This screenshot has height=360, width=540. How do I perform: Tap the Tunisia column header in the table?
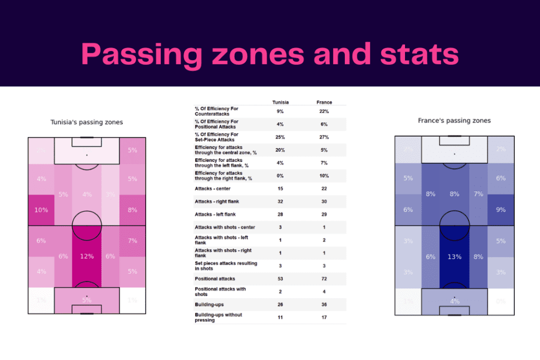point(280,102)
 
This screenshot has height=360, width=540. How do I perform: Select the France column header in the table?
point(324,102)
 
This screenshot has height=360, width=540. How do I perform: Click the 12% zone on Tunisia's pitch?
point(87,256)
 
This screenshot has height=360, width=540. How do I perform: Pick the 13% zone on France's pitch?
point(454,257)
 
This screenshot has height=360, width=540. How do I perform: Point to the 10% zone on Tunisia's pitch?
point(41,210)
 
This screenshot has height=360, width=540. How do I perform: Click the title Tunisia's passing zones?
point(86,122)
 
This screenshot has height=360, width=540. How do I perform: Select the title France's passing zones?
point(454,121)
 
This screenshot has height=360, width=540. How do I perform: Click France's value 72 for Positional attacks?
point(324,278)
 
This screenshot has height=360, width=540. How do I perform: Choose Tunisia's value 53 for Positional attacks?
point(280,278)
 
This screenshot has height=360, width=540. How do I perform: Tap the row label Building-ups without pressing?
point(218,317)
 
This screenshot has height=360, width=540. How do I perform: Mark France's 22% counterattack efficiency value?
point(324,111)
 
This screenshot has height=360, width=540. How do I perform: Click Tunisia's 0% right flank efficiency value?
point(280,176)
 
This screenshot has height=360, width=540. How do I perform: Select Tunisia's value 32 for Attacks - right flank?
point(280,201)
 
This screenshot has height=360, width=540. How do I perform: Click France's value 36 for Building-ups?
point(324,304)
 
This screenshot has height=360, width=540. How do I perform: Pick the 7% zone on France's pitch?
point(478,194)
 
